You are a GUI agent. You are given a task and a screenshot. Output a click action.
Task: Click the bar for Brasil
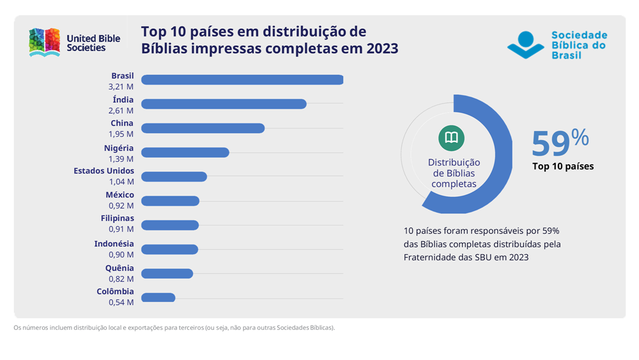pyautogui.click(x=242, y=80)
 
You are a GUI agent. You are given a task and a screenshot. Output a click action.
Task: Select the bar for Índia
pyautogui.click(x=224, y=104)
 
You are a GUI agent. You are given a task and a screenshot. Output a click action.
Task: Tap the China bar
pyautogui.click(x=203, y=129)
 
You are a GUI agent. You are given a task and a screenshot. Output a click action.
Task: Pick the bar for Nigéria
pyautogui.click(x=185, y=153)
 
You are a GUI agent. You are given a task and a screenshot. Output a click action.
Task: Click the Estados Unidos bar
pyautogui.click(x=174, y=176)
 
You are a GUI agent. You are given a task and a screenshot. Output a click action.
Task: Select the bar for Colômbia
pyautogui.click(x=158, y=297)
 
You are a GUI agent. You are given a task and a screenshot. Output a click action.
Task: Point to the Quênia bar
pyautogui.click(x=167, y=274)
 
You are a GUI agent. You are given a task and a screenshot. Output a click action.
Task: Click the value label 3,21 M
pyautogui.click(x=121, y=86)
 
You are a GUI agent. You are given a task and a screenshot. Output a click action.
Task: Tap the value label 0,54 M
pyautogui.click(x=121, y=302)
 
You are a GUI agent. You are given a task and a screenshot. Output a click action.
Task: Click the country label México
pyautogui.click(x=119, y=195)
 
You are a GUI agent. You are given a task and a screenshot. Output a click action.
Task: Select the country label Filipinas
pyautogui.click(x=117, y=218)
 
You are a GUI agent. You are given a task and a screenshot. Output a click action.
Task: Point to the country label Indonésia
pyautogui.click(x=114, y=244)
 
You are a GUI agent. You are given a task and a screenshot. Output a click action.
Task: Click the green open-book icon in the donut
pyautogui.click(x=451, y=138)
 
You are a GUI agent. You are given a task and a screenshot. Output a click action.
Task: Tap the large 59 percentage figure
pyautogui.click(x=551, y=143)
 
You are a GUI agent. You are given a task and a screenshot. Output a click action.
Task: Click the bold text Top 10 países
pyautogui.click(x=563, y=166)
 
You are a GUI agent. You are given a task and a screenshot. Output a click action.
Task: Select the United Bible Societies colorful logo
pyautogui.click(x=44, y=42)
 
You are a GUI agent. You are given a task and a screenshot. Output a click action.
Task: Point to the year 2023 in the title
pyautogui.click(x=380, y=49)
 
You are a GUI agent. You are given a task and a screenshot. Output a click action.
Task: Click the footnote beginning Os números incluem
pyautogui.click(x=174, y=328)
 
